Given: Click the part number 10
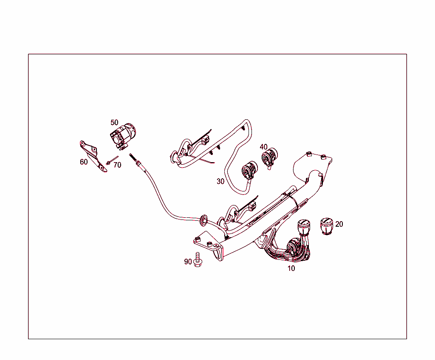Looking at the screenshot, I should [291, 268].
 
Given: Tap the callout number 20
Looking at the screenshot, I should [339, 224].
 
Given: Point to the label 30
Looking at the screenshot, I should [220, 181].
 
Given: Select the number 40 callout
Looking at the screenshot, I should [264, 147].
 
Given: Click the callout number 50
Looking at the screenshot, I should [114, 122].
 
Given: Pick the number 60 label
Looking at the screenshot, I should [84, 162].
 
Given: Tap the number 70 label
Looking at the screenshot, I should [117, 165].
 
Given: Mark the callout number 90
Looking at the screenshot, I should [188, 262].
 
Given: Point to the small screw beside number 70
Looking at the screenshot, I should [110, 161].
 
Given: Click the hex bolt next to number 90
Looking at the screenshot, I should [197, 259].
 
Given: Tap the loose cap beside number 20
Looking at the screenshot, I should [326, 226].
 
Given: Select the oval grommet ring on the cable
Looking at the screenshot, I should [204, 219].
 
